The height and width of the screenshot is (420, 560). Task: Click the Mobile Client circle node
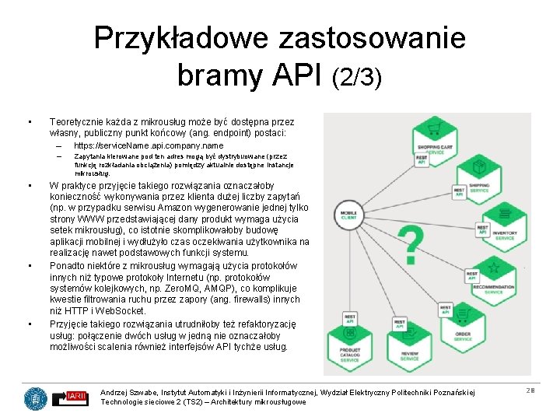[349, 214]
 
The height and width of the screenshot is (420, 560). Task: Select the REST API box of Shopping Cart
[422, 159]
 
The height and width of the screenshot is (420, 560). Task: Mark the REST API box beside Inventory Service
[482, 231]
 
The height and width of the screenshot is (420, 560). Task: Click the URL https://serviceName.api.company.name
[148, 145]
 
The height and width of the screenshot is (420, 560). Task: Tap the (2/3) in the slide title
[356, 78]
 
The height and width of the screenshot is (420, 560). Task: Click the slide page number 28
[530, 390]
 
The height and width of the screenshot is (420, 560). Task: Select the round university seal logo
[35, 398]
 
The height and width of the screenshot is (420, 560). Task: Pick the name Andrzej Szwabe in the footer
[126, 390]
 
